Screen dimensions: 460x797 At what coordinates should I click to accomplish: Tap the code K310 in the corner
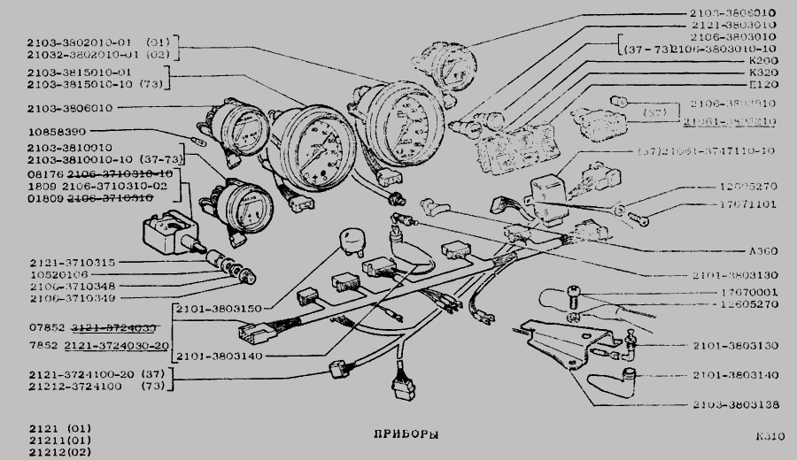[x=770, y=436]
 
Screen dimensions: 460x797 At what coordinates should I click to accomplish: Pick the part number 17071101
[x=747, y=203]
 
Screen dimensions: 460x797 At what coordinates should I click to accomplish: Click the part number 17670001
[x=725, y=291]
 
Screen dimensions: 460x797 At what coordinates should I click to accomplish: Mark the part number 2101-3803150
[x=217, y=309]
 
